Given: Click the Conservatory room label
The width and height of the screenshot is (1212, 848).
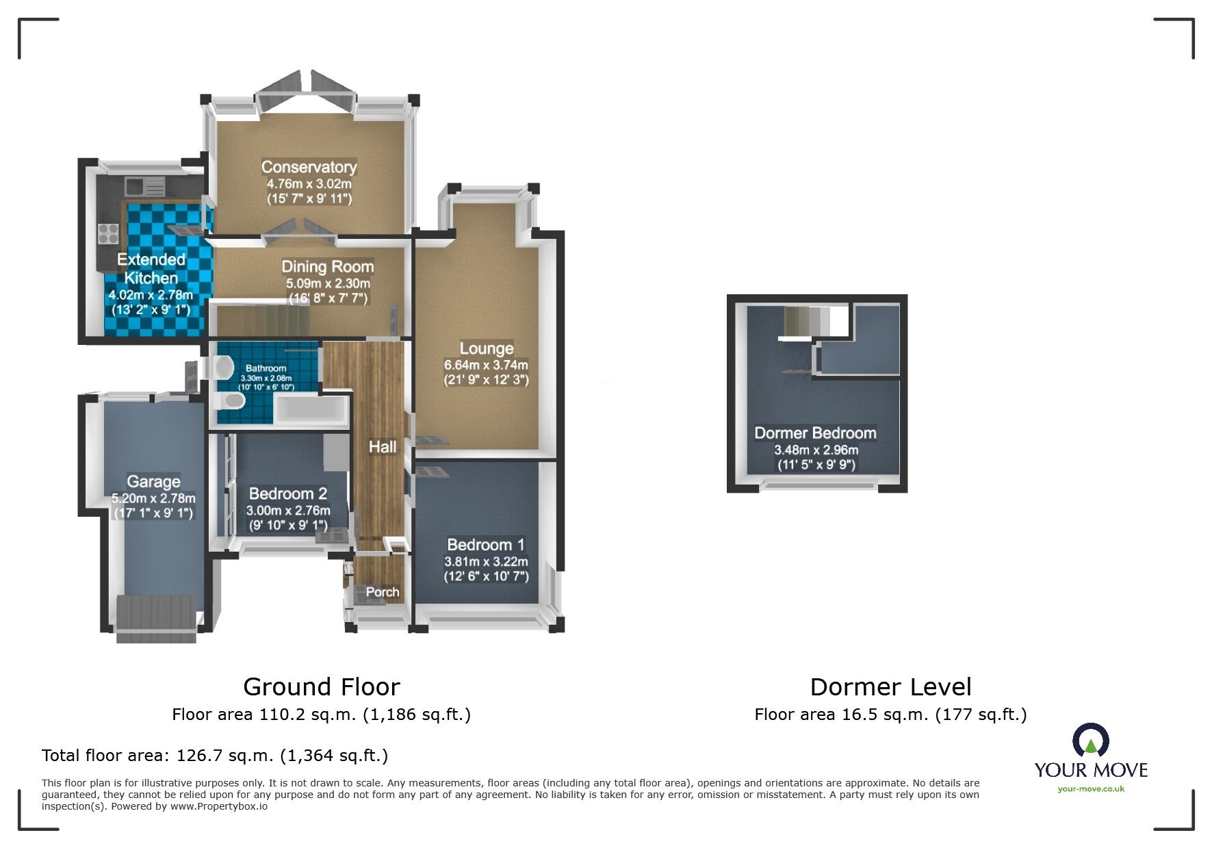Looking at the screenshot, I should point(309,167).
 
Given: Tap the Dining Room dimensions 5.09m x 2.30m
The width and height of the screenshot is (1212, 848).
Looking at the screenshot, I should point(328,283).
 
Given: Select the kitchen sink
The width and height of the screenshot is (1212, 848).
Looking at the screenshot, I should point(145,185).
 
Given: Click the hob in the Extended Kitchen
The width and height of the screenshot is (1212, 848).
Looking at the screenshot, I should point(108,233).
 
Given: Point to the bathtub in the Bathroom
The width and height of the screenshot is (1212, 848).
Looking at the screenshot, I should point(311,410).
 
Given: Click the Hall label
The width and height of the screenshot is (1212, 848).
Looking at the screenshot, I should point(382,447).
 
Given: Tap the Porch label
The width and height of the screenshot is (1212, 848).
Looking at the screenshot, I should point(382,592).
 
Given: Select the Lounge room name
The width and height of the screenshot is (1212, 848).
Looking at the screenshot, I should point(486,348).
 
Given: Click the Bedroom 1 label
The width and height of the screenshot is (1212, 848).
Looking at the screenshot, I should point(486,545).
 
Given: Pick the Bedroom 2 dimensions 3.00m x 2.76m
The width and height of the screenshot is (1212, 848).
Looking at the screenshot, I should point(288,511).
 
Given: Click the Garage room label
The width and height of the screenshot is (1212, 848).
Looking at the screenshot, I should point(153,481).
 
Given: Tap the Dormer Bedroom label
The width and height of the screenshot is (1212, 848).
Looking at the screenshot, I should point(815,433).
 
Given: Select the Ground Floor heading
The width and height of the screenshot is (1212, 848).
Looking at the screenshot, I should point(321,686).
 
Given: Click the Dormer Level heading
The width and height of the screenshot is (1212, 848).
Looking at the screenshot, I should point(890,686).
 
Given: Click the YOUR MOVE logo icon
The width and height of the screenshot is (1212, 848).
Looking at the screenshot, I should point(1090,741).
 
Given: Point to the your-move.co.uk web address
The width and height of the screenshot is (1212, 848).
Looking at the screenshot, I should point(1091,789).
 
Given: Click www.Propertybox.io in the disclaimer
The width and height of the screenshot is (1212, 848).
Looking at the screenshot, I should point(218,806).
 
